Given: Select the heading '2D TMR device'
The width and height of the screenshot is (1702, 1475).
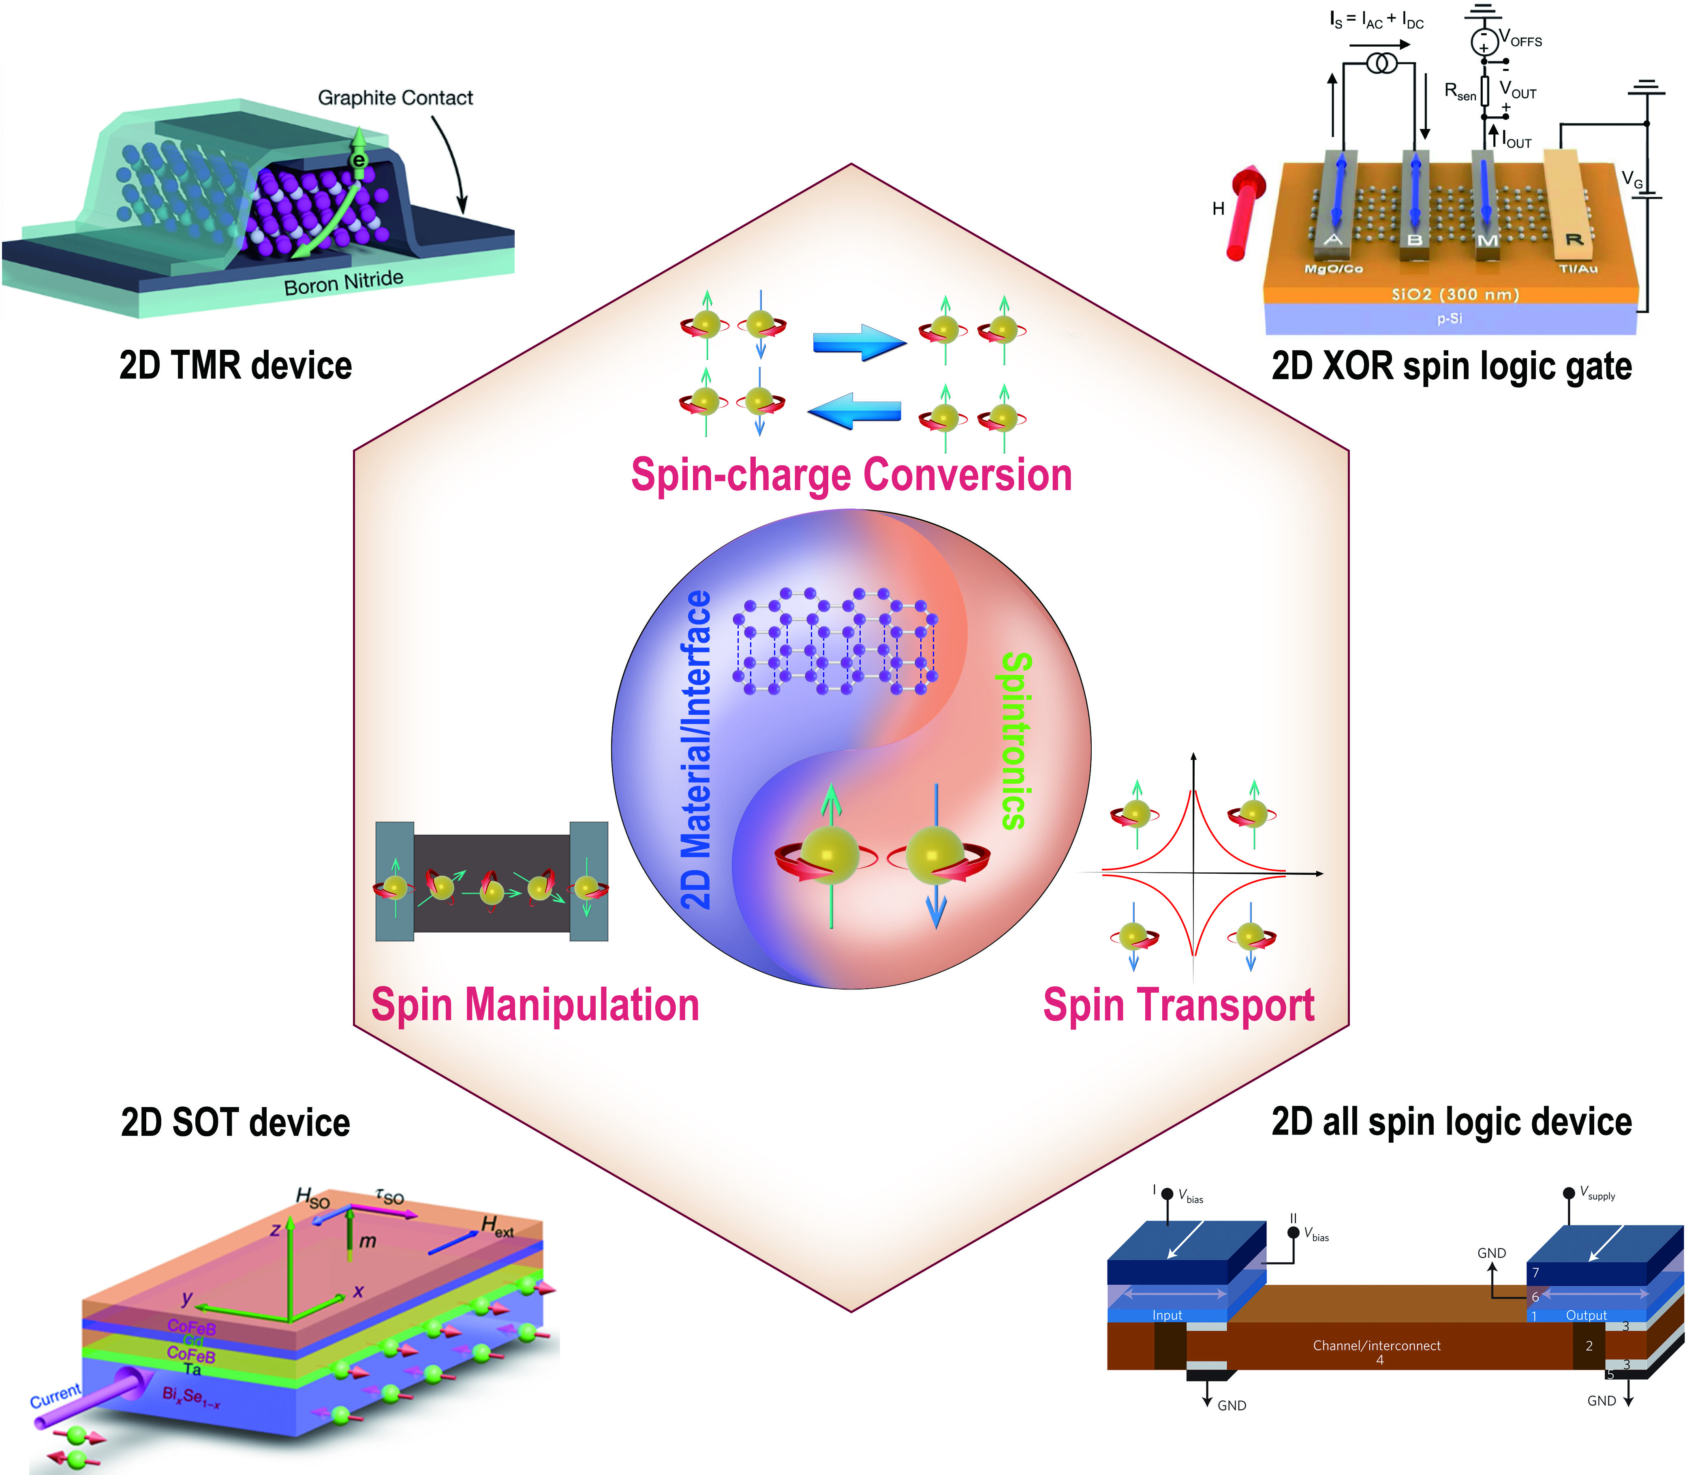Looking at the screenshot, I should [235, 365].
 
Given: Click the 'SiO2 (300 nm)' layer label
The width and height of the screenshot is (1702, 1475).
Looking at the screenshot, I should [1454, 294].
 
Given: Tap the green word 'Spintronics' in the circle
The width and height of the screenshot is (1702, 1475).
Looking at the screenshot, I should [1015, 741].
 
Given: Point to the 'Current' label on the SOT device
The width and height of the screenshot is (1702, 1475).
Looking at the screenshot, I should [55, 1395].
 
